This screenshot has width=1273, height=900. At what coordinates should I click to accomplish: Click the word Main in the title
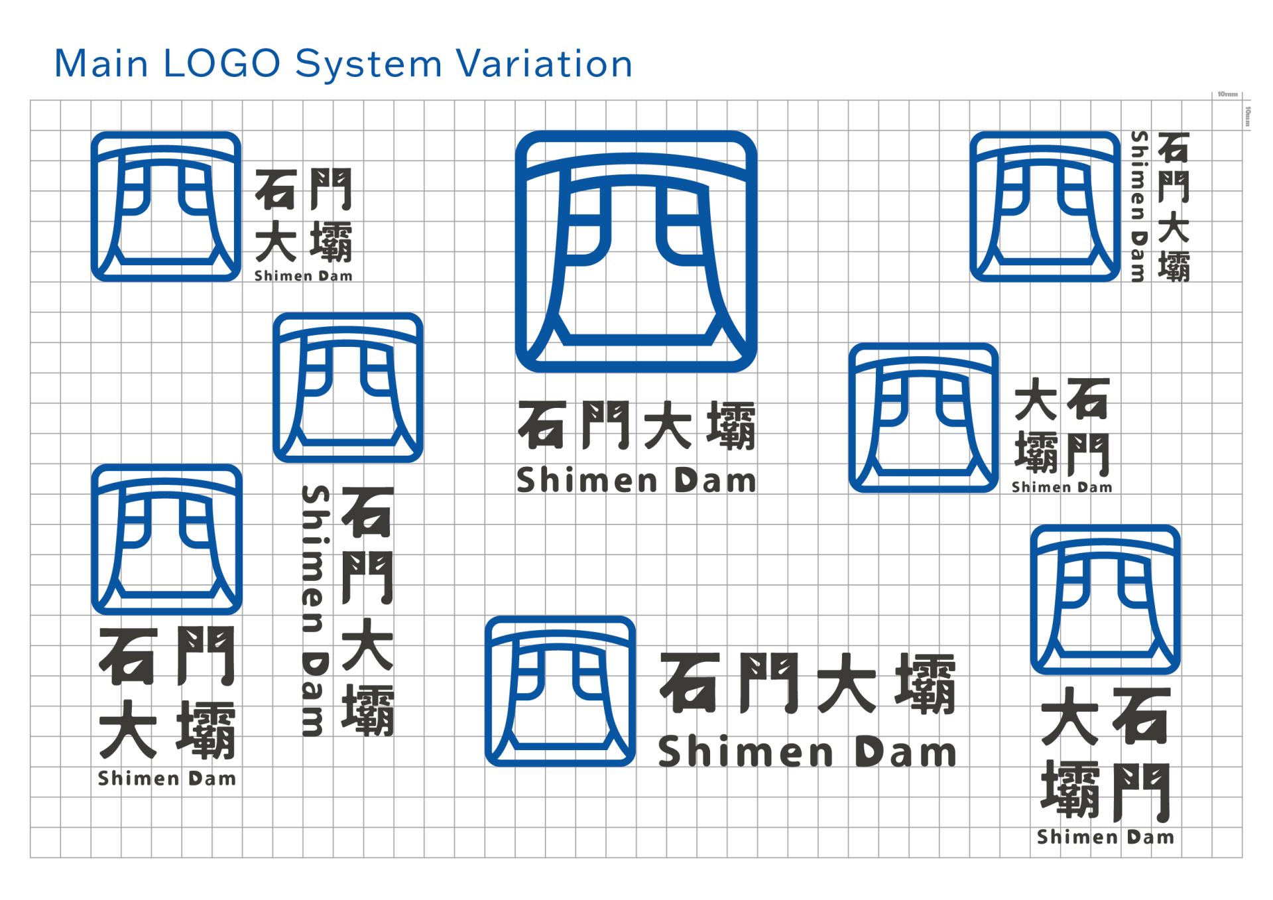pos(101,64)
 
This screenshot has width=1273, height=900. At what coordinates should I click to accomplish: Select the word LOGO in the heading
pos(222,64)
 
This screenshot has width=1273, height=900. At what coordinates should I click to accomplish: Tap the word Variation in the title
pos(545,64)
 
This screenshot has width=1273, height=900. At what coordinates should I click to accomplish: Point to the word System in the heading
pos(369,65)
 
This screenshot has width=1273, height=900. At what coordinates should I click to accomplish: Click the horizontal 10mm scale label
pos(1227,94)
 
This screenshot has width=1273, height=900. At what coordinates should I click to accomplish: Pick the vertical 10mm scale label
pos(1248,116)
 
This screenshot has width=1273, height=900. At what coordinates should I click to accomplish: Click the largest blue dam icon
pos(636,251)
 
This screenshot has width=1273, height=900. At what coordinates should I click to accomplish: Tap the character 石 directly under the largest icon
pos(542,425)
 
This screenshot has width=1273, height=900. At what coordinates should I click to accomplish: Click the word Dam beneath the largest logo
pos(715,480)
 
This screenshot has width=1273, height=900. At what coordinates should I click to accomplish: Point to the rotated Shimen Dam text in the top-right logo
pos(1139,206)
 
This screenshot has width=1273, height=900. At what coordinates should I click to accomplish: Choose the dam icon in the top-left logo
pos(166,206)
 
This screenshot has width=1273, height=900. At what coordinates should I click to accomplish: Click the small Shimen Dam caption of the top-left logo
pos(304,276)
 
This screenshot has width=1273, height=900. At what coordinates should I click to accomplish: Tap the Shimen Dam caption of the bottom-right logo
pos(1105,837)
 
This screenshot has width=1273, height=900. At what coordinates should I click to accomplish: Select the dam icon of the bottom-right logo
pos(1105,600)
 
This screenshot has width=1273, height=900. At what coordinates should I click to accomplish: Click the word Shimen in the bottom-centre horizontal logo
pos(746,752)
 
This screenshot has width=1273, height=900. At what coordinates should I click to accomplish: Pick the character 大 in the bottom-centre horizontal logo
pos(847,683)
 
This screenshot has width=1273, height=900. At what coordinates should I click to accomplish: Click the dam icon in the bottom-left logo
pos(166,539)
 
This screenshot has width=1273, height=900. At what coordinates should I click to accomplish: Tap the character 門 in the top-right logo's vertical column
pos(1174,186)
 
